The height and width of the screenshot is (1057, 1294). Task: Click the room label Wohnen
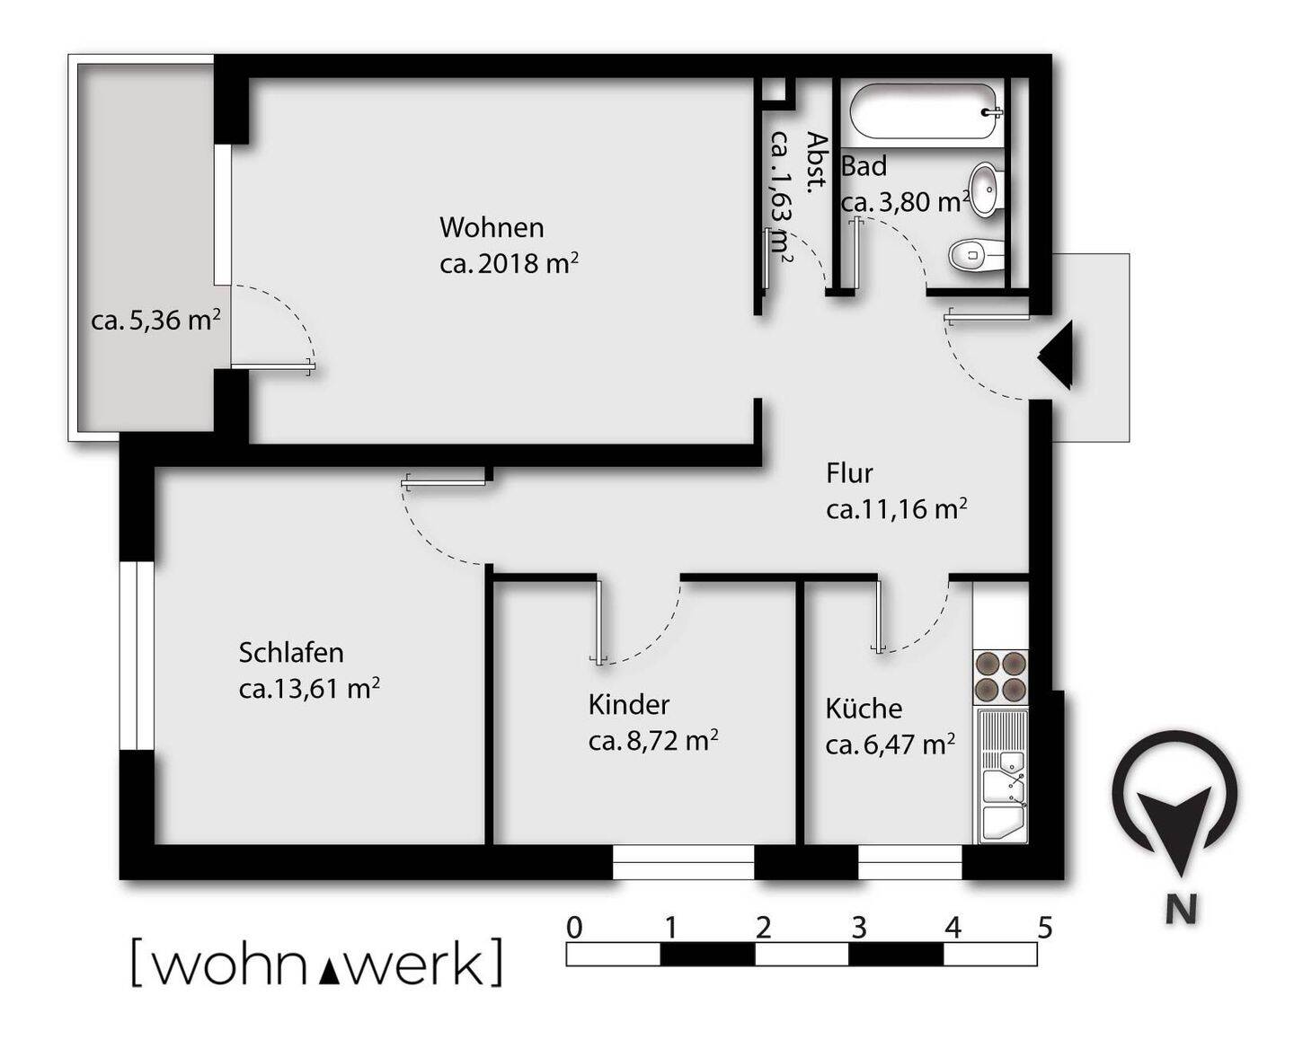(x=492, y=227)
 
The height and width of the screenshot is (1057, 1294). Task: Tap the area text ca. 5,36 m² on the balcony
(x=155, y=320)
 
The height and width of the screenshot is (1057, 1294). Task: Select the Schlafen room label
(x=291, y=652)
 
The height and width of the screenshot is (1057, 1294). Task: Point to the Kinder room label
(x=629, y=704)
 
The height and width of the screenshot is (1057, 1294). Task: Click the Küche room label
(x=864, y=709)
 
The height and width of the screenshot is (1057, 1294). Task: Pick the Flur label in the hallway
(x=849, y=473)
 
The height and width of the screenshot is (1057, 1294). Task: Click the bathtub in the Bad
(x=924, y=111)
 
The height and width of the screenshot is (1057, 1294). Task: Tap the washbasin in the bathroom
(x=985, y=189)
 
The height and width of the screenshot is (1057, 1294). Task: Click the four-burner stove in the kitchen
(x=1001, y=676)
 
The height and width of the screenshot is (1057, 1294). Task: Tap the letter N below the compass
(x=1181, y=910)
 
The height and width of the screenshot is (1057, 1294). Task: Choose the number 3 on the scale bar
(x=858, y=928)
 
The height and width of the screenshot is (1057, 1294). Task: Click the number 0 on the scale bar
(x=575, y=928)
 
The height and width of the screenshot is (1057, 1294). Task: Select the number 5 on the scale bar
(x=1044, y=928)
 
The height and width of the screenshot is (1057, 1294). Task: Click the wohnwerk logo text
(x=316, y=964)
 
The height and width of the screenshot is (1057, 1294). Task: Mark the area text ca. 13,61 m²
(x=308, y=689)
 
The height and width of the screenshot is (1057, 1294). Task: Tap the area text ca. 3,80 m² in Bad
(x=905, y=202)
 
